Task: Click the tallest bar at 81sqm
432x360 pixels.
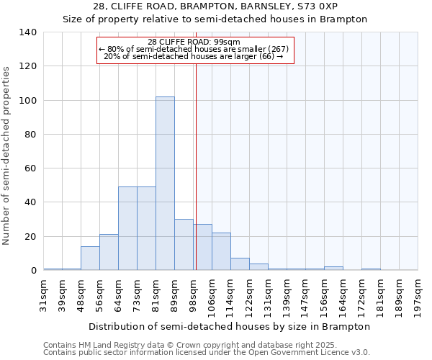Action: pos(165,184)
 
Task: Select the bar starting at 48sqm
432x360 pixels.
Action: pos(90,258)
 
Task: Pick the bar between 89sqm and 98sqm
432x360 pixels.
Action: pos(184,245)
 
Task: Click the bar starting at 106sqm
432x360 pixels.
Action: pos(221,252)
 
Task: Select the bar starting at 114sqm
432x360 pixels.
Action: pos(240,264)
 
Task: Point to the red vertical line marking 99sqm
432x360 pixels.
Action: pos(196,166)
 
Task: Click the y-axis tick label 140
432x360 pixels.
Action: pos(27,32)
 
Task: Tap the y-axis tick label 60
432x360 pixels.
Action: pos(30,168)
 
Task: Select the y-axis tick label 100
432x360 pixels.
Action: pos(27,100)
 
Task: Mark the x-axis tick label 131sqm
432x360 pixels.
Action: pos(269,294)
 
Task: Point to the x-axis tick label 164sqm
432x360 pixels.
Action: pos(343,294)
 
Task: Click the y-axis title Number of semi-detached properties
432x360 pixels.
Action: pos(7,155)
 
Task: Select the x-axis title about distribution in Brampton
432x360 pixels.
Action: pos(230,326)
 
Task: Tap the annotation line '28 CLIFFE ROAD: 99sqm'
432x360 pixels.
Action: pos(194,42)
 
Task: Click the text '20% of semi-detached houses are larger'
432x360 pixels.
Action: pos(189,56)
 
